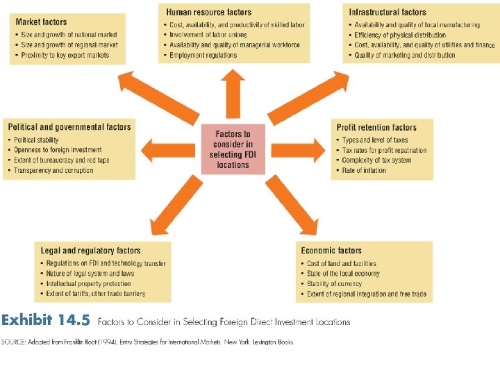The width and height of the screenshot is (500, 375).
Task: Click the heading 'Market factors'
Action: [41, 22]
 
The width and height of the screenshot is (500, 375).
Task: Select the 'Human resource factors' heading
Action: [208, 12]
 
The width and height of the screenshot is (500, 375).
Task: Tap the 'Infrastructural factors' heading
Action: [387, 12]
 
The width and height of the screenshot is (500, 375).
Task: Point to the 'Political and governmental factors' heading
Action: [69, 127]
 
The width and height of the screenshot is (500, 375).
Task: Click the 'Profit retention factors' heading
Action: [376, 128]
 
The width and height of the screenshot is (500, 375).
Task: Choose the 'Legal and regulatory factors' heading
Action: [91, 251]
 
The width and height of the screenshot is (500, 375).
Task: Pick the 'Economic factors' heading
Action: [331, 251]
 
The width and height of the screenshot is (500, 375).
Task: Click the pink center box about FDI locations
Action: [233, 149]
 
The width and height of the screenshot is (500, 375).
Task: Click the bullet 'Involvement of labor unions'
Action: [208, 35]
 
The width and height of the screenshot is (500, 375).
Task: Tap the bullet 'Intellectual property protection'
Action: [88, 284]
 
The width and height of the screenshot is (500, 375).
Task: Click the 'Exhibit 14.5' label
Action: [45, 321]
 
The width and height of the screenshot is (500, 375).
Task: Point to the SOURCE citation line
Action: [147, 342]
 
